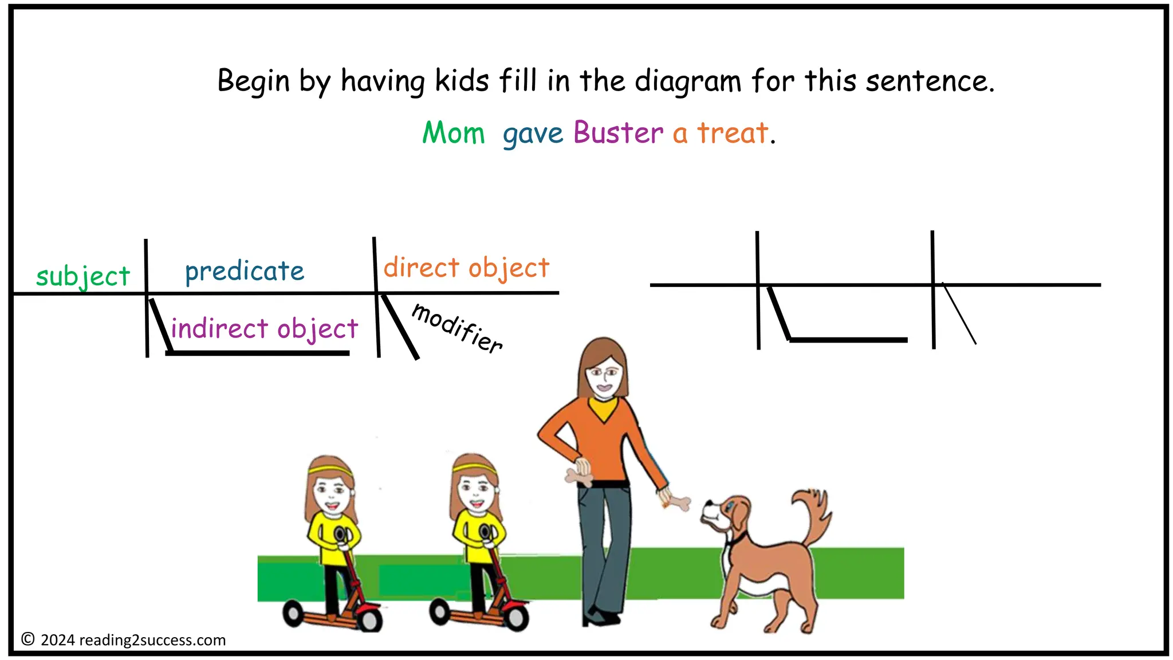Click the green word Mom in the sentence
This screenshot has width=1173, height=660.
coord(453,133)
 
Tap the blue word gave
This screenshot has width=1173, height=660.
coord(533,135)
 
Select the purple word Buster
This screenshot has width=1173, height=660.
coord(618,133)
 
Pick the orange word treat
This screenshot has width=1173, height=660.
coord(732,133)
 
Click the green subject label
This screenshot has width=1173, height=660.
coord(83,277)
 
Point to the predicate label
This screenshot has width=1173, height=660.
coord(245,272)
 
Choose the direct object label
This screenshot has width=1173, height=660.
coord(466,268)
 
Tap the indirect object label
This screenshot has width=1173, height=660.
coord(265,329)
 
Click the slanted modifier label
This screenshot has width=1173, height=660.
coord(457,328)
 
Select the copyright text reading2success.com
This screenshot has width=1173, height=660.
coord(152,640)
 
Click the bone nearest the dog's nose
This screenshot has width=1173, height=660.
coord(679,503)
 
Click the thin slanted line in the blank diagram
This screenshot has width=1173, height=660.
coord(959,314)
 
